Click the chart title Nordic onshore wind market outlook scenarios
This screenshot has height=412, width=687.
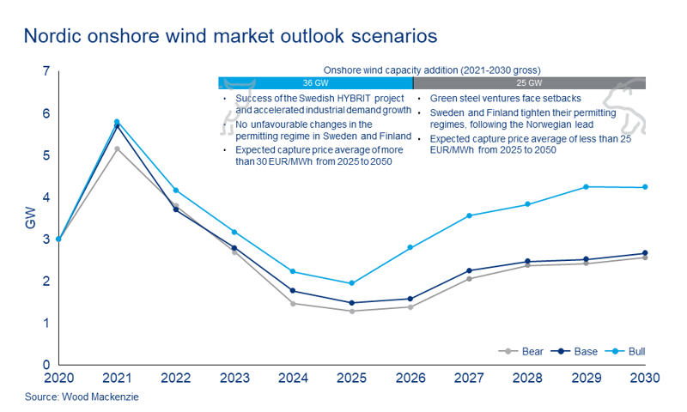tap(231, 36)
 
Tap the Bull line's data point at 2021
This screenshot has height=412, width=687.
tap(117, 122)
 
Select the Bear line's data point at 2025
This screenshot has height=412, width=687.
tap(351, 311)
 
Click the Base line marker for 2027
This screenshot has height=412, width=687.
tap(469, 270)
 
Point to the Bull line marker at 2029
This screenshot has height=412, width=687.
tap(586, 186)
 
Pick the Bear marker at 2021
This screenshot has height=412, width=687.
tap(117, 148)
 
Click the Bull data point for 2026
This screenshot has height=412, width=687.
tap(410, 247)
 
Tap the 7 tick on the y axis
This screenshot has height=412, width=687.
tap(46, 71)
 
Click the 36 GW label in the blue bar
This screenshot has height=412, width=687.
tap(315, 83)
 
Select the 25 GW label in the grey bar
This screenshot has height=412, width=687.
tap(528, 83)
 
